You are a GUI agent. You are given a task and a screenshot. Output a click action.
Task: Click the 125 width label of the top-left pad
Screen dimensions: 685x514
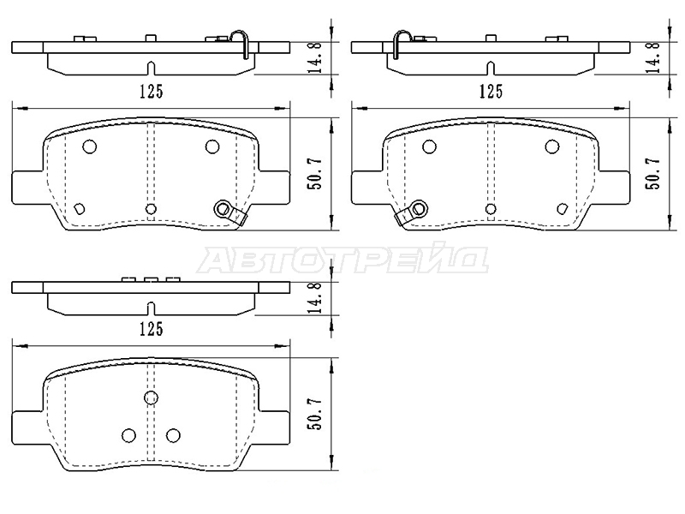[x=152, y=92]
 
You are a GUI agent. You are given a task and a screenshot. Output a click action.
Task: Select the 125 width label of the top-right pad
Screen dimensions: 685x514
[x=491, y=92]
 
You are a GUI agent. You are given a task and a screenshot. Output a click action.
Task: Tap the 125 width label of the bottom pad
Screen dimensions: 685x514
[x=152, y=329]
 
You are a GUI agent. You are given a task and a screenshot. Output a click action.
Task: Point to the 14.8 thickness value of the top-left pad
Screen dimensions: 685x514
[x=315, y=57]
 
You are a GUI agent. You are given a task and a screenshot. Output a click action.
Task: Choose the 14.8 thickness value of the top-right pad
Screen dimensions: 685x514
[x=654, y=57]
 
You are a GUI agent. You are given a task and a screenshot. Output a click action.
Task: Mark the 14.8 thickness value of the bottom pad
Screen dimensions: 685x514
[x=315, y=297]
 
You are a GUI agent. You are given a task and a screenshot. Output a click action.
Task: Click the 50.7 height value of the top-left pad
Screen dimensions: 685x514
[x=315, y=173]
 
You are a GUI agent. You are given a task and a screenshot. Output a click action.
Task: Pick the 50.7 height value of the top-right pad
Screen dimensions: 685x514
[x=654, y=173]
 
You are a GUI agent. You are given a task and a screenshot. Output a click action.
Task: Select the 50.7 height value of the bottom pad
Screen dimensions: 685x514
[x=315, y=414]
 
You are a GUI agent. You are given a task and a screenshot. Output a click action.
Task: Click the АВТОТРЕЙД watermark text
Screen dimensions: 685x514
[x=343, y=260]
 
